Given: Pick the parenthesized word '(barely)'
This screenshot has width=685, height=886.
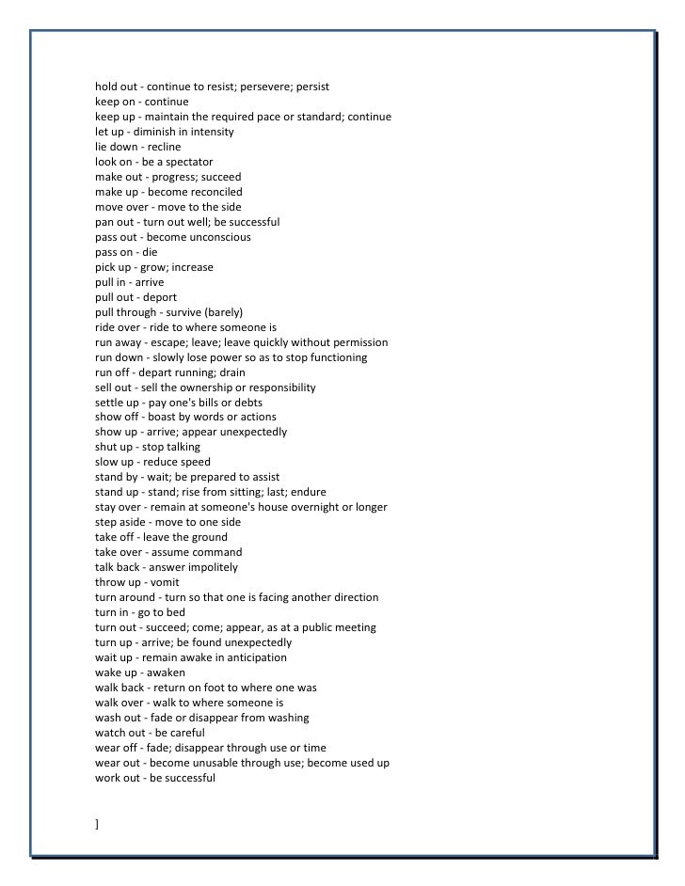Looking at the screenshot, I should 224,312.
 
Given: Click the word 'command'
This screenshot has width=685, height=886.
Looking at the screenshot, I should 218,552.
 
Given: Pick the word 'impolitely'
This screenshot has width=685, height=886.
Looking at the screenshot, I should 211,567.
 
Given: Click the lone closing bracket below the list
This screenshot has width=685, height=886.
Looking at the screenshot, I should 97,824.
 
